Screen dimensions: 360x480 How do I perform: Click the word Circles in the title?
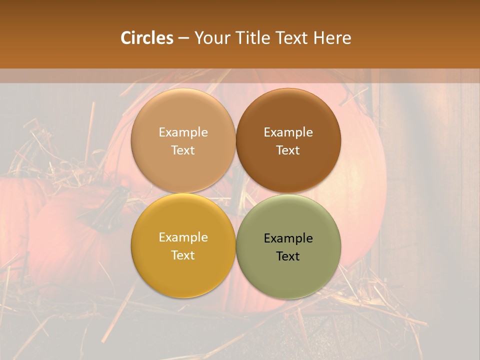[147, 38]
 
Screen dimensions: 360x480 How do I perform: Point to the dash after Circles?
[183, 38]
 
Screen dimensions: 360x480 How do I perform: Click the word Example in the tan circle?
[183, 132]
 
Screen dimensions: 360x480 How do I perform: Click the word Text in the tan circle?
[183, 150]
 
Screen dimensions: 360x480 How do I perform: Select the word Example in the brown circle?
[288, 132]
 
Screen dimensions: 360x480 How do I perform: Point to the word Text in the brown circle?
[288, 150]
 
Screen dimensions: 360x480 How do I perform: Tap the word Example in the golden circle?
[183, 237]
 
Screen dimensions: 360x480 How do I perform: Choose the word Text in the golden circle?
[183, 255]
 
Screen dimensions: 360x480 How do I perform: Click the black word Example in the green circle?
[288, 238]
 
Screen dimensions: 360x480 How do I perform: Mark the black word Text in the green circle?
[288, 256]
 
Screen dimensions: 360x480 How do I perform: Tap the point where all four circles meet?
[236, 193]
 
